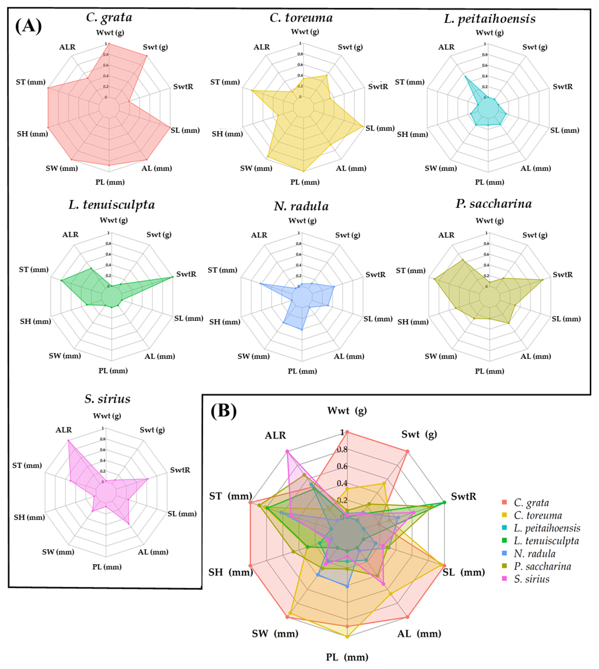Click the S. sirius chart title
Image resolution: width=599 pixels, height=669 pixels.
107,399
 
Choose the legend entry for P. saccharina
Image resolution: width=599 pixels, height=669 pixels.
542,566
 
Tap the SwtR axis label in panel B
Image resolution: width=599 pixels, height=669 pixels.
463,496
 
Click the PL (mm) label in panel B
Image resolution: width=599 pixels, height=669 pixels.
347,657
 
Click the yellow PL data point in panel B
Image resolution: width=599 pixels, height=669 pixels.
347,637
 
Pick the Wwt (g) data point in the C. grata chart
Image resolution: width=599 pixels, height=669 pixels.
109,44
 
